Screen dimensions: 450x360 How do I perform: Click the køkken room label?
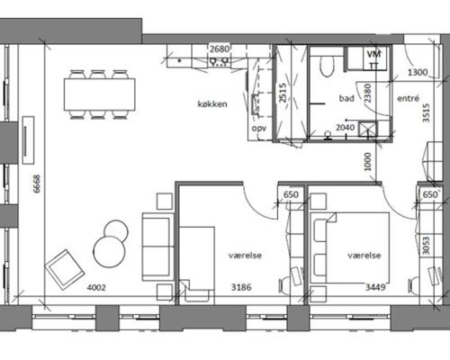pos(212,104)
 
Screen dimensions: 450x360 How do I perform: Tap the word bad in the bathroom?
pos(346,98)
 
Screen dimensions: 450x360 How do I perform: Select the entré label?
pos(408,98)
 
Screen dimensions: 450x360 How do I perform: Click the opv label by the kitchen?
pos(259,129)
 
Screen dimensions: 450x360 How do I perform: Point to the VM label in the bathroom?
pos(373,54)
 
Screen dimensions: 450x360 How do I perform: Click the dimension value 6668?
pos(37,184)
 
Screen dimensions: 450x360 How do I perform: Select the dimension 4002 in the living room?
pos(96,288)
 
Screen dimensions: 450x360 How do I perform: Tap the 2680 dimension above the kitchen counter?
pos(220,49)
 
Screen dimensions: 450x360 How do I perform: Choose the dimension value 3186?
pos(241,287)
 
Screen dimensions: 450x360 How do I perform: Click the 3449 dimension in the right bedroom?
pos(375,287)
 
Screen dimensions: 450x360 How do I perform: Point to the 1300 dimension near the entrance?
pos(418,72)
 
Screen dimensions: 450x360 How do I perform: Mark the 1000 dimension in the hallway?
pos(368,162)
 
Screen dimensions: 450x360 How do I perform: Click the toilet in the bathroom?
pos(327,66)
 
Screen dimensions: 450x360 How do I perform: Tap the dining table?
pos(99,94)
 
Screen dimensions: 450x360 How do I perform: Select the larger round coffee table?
pos(109,251)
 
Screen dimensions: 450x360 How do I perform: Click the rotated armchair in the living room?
pos(65,269)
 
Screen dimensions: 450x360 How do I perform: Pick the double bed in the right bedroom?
pos(350,247)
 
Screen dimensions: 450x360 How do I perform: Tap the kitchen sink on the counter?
pos(219,61)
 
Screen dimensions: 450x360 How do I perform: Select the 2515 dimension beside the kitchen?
pos(283,93)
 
